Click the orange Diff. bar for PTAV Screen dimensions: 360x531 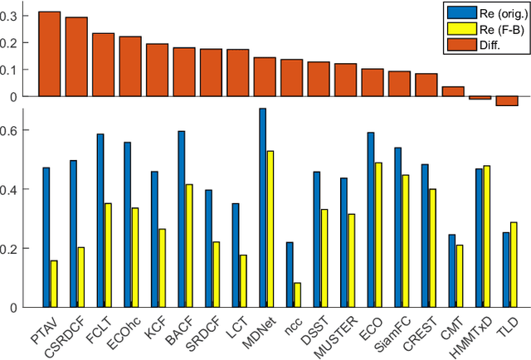(x=49, y=54)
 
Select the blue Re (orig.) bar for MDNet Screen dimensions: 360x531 (x=262, y=207)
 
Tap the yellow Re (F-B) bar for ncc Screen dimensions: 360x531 (x=297, y=294)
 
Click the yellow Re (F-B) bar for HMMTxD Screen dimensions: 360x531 (x=485, y=236)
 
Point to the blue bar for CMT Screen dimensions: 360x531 (x=451, y=270)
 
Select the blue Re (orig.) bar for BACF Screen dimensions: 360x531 (x=182, y=219)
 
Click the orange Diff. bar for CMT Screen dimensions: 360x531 (x=452, y=91)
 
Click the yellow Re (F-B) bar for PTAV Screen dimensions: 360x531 (x=54, y=284)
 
